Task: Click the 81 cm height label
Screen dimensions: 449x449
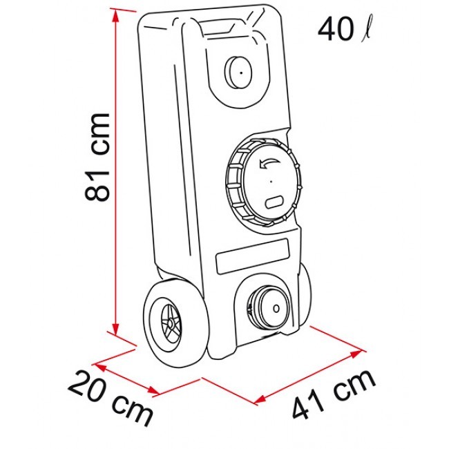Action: click(x=97, y=157)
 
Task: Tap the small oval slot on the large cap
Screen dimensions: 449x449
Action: click(x=274, y=202)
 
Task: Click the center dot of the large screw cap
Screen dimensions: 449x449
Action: click(x=271, y=181)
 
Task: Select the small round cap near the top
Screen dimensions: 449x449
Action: click(x=238, y=73)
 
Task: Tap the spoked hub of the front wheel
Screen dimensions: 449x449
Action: click(x=171, y=323)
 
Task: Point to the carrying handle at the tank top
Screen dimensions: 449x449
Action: click(x=218, y=27)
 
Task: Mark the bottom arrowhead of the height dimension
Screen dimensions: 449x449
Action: click(x=115, y=329)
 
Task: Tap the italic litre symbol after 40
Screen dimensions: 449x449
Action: click(x=367, y=30)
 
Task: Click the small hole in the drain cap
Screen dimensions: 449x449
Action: click(x=276, y=309)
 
